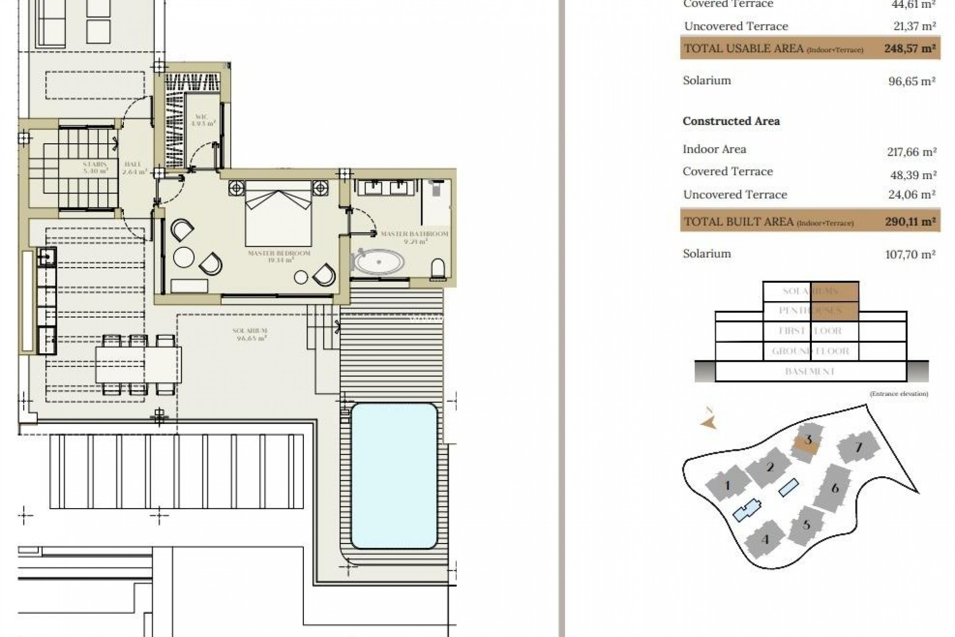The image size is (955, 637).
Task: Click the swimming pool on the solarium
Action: [394, 475]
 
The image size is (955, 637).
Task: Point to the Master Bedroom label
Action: [279, 256]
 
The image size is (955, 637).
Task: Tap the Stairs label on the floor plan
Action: [95, 167]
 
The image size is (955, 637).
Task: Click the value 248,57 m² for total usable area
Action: [910, 49]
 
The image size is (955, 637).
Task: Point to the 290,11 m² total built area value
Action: [910, 222]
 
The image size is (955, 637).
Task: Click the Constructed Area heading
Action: [731, 121]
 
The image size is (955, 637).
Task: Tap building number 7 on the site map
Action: [859, 447]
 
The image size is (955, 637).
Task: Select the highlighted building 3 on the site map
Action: [807, 441]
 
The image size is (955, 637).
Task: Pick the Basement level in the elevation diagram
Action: [810, 372]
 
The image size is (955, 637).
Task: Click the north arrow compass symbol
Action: [709, 419]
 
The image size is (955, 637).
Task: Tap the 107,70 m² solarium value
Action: [910, 255]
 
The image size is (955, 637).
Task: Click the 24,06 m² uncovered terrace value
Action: [911, 195]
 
